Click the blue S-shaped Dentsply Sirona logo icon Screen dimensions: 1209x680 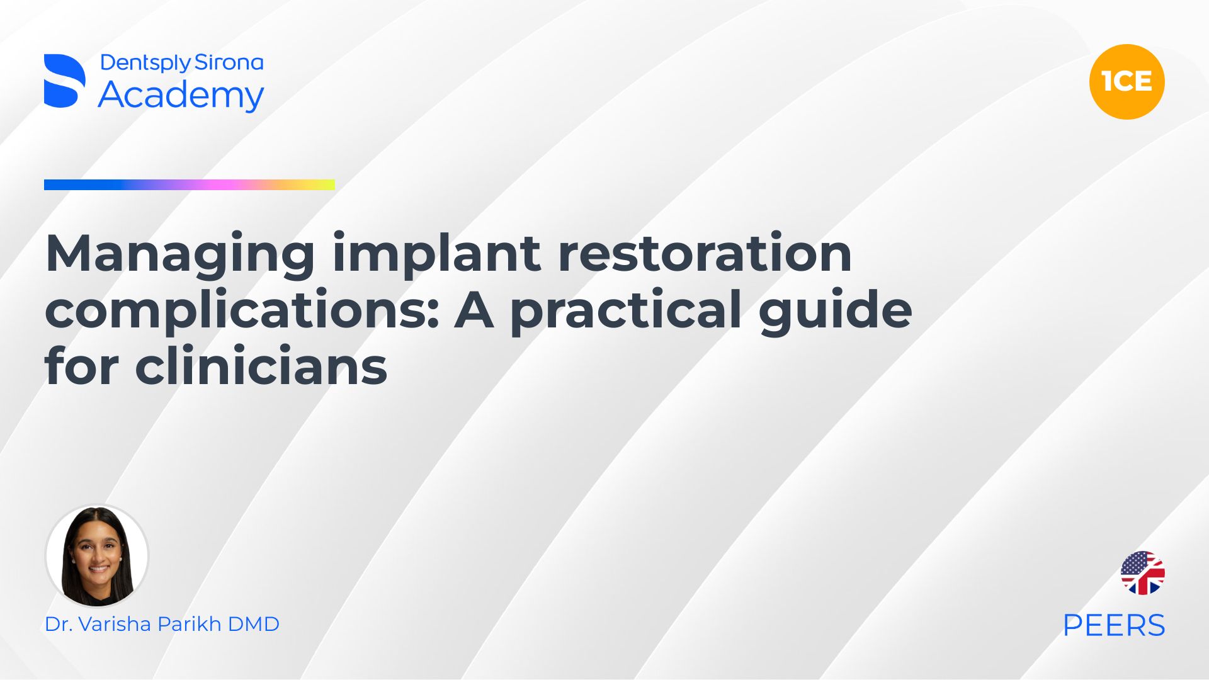point(65,81)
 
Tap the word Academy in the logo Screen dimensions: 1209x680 point(181,96)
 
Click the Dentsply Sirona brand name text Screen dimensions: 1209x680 point(182,63)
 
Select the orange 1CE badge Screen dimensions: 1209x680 point(1127,82)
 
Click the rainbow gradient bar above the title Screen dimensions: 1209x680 point(190,184)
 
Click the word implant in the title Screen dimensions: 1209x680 point(436,253)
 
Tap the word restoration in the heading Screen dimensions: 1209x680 point(705,253)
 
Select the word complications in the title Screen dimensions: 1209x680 point(242,310)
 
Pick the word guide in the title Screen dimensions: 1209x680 point(836,310)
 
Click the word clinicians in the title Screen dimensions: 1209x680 point(261,366)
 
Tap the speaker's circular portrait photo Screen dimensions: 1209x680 point(97,556)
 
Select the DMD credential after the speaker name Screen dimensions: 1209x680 point(253,624)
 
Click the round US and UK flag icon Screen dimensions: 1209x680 point(1143,573)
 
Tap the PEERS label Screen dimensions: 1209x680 point(1114,625)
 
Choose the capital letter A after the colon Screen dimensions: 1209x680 point(474,310)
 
